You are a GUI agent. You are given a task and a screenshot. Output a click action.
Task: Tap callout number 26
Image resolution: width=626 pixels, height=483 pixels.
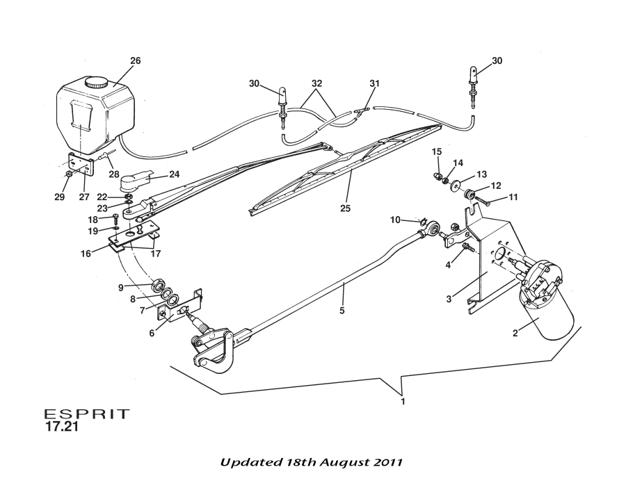click(135, 60)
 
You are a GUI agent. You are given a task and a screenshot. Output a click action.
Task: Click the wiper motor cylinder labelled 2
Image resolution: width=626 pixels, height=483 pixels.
click(549, 316)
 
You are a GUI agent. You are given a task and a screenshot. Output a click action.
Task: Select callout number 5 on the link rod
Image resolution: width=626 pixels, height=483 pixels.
click(342, 311)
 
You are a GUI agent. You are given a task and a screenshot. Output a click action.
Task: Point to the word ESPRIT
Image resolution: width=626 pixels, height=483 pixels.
click(87, 414)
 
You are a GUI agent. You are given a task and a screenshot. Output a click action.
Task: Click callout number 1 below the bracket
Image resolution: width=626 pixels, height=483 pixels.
click(402, 402)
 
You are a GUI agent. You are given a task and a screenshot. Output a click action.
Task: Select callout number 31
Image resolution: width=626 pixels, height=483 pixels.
click(375, 83)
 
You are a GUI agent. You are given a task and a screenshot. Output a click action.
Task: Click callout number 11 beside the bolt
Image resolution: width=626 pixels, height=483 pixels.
click(513, 197)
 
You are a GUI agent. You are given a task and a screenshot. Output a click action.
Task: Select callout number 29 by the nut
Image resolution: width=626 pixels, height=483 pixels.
click(60, 197)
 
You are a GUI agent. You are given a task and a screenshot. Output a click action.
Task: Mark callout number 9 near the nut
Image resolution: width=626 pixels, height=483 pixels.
click(121, 286)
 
